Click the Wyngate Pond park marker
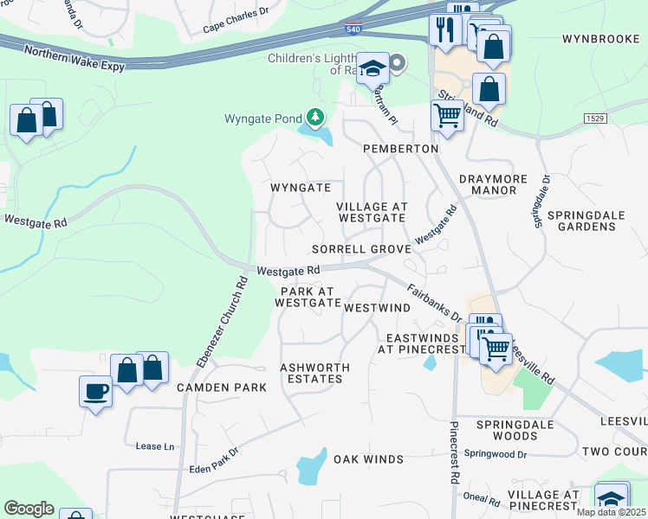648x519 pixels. pyautogui.click(x=315, y=118)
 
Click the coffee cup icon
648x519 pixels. pyautogui.click(x=95, y=392)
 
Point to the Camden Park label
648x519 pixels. pyautogui.click(x=222, y=388)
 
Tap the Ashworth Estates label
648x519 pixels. pyautogui.click(x=315, y=373)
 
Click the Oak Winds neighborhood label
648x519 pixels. pyautogui.click(x=369, y=458)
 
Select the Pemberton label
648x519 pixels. pyautogui.click(x=401, y=149)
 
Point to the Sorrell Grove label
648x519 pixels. pyautogui.click(x=361, y=248)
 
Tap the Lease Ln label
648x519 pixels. pyautogui.click(x=155, y=446)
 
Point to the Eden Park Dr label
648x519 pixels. pyautogui.click(x=214, y=462)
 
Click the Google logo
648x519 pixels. pyautogui.click(x=29, y=509)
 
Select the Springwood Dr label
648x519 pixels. pyautogui.click(x=496, y=453)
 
